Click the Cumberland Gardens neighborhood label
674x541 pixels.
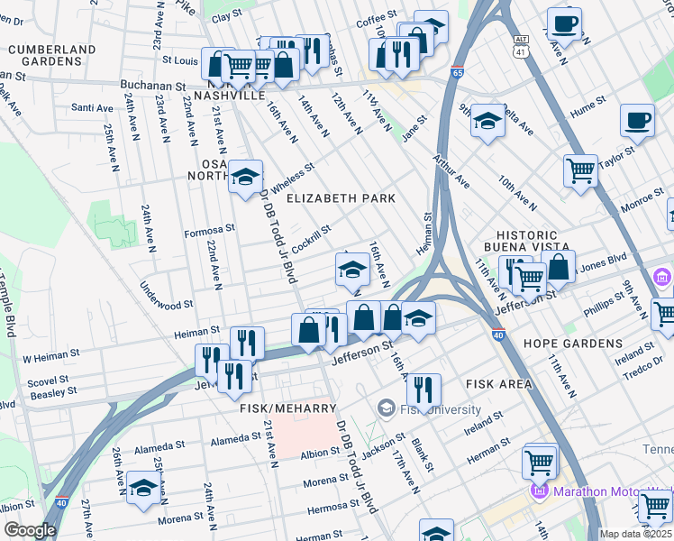click(x=50, y=55)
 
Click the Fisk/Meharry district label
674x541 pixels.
click(x=280, y=408)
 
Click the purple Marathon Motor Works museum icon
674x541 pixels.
click(x=540, y=491)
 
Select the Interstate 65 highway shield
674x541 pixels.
click(x=458, y=71)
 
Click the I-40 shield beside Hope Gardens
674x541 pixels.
click(x=498, y=335)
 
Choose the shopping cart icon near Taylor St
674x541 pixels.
click(x=581, y=169)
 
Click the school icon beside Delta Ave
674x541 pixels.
click(x=487, y=122)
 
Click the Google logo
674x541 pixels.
click(x=30, y=530)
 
